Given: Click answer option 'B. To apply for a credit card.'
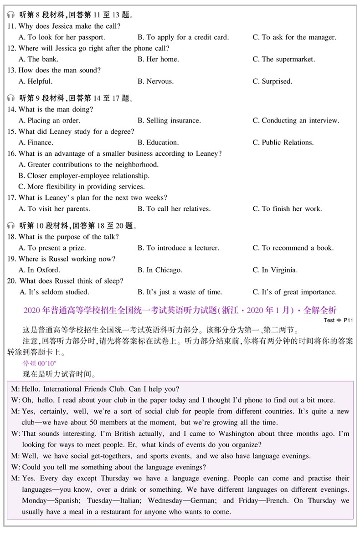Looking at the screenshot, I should click(x=183, y=37).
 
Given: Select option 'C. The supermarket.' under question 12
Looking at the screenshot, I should click(x=283, y=59).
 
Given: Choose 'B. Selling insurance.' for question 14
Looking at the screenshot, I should click(x=169, y=121).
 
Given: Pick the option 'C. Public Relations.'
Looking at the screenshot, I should click(x=283, y=143).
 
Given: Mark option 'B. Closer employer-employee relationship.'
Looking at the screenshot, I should click(x=84, y=176).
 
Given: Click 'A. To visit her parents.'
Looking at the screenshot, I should click(x=54, y=209).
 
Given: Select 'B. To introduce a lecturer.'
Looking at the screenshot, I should click(x=178, y=248).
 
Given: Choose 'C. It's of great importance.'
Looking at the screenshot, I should click(x=294, y=292).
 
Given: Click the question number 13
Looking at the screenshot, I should click(x=11, y=71).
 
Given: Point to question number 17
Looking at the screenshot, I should click(x=11, y=198).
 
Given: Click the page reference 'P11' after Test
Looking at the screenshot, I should click(x=348, y=320).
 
